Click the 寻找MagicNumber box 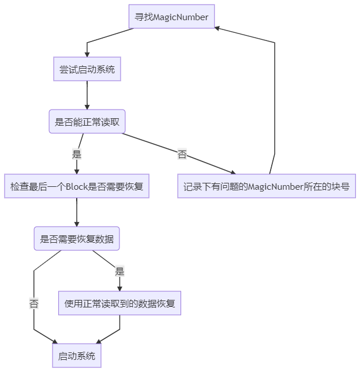click(171, 17)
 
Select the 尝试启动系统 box click(87, 69)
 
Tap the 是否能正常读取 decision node click(87, 122)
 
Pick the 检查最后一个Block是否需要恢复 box click(77, 186)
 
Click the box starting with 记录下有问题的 click(266, 186)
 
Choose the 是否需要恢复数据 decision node click(77, 238)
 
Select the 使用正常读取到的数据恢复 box click(120, 303)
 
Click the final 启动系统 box click(77, 356)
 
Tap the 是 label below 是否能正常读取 click(77, 154)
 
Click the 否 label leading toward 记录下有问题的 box click(182, 154)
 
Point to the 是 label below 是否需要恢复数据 click(120, 271)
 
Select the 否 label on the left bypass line click(34, 304)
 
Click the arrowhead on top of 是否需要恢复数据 click(77, 223)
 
